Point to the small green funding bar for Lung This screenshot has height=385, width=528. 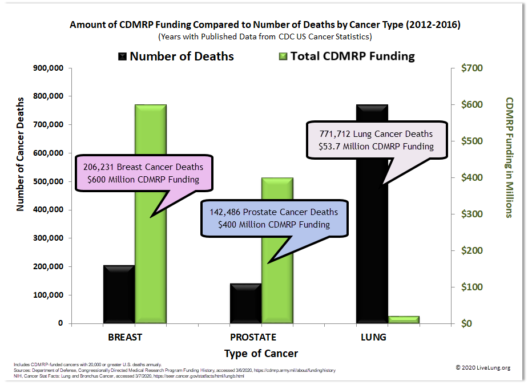point(404,319)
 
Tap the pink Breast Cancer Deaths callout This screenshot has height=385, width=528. point(143,173)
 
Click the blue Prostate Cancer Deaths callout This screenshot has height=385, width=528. point(273,218)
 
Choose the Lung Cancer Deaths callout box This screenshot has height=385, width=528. point(376,140)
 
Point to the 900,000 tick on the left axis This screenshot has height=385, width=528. point(48,68)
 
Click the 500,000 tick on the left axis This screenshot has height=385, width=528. point(48,182)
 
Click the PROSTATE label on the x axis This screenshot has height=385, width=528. point(253,337)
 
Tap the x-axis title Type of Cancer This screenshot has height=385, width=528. point(261,354)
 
